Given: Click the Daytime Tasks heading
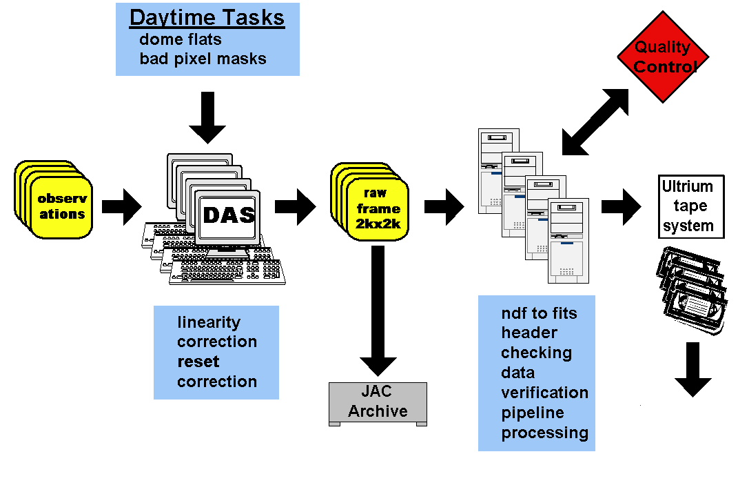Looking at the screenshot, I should point(207,17).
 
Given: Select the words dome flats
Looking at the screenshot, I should point(181,39).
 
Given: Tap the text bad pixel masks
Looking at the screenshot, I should point(203,59).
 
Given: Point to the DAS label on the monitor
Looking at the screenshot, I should point(228,215).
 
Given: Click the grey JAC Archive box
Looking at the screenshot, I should point(378,403).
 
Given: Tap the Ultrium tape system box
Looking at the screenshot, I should point(687,206).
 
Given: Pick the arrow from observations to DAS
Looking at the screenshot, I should point(121,206).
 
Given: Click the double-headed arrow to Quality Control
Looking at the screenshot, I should point(596,121).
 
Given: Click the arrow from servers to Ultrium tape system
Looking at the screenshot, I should point(621,206).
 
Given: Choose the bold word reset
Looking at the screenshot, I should point(198,362).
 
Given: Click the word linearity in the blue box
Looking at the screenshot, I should point(209,322).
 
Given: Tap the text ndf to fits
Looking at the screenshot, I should point(539,313).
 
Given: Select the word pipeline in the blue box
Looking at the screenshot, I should point(533,413).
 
